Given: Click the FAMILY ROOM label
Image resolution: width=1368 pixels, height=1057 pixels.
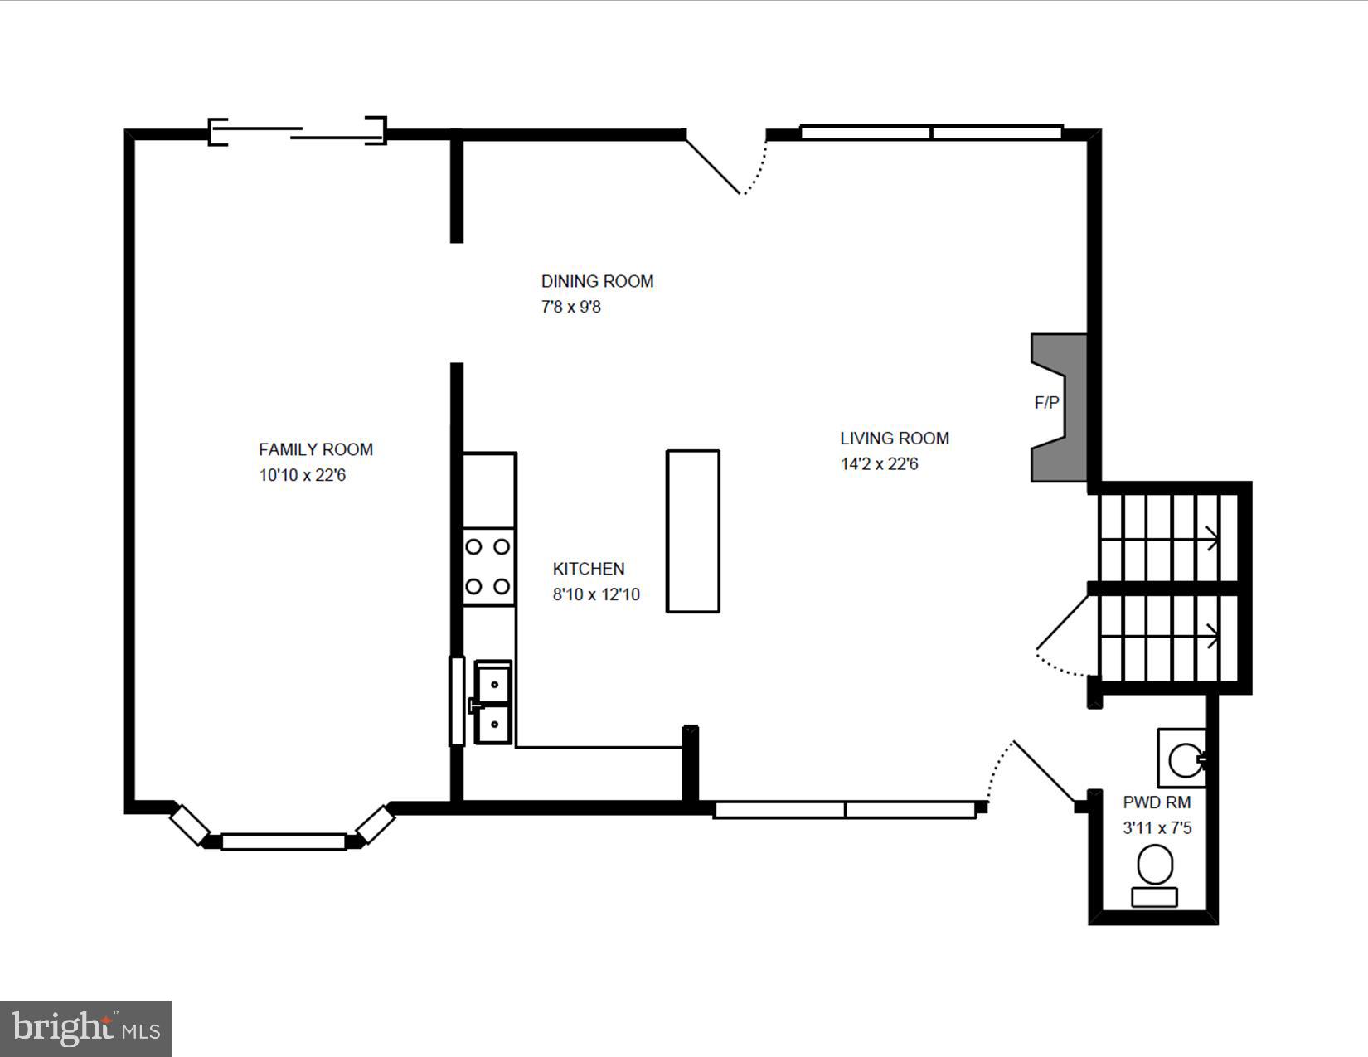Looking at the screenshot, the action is (315, 449).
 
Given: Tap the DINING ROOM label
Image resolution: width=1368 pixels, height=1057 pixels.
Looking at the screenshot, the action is (598, 281).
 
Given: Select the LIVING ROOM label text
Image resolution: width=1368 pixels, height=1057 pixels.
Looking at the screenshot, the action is (895, 439).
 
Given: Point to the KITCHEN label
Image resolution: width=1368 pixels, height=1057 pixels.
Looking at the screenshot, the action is (589, 569).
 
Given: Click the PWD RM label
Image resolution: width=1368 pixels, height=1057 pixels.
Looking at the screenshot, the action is (1157, 802).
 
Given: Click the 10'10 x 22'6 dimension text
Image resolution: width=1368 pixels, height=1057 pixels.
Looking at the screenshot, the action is (302, 475).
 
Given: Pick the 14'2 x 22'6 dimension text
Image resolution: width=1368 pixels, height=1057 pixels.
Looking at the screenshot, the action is (880, 464).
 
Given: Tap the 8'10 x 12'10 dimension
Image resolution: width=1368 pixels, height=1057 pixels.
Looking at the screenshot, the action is (596, 594).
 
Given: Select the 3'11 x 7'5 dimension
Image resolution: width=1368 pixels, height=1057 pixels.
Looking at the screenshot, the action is (1157, 828).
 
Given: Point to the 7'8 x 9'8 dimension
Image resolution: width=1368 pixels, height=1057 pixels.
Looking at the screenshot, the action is (571, 308).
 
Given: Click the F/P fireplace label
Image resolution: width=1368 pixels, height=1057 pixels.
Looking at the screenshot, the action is (1047, 403).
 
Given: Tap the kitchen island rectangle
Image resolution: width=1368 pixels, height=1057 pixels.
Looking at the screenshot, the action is (693, 531).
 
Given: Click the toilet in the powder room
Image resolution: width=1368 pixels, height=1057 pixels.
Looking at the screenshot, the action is (1155, 875).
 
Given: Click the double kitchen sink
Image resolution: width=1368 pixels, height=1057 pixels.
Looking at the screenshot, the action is (493, 702).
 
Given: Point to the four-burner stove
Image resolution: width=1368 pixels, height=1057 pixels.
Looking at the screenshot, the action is (488, 567).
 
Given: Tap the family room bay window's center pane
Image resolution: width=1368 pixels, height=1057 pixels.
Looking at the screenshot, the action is (284, 841).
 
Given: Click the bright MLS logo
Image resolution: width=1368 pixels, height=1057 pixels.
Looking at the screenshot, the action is (85, 1028).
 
